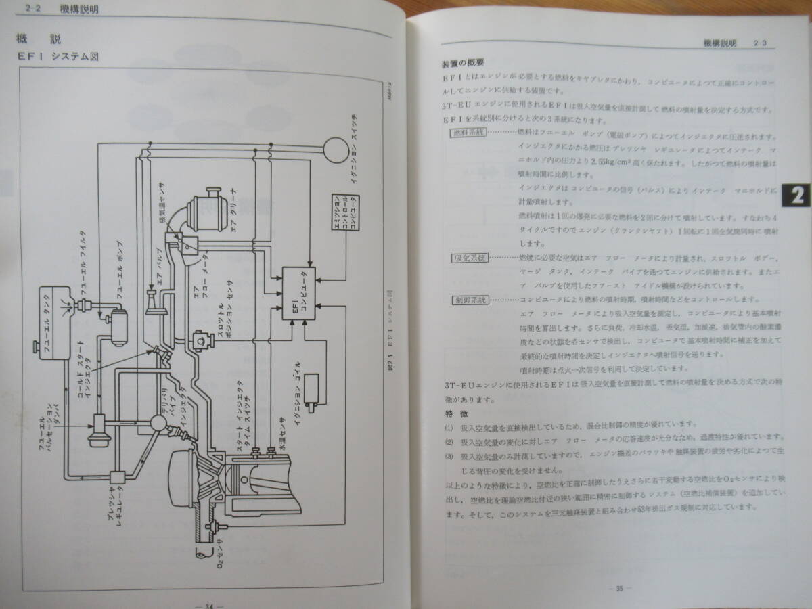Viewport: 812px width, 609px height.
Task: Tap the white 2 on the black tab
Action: tap(796, 196)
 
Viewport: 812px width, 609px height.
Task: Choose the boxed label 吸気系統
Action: tap(468, 258)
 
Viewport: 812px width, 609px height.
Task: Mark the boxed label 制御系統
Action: tap(468, 299)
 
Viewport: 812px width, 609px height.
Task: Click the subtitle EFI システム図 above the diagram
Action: tap(58, 57)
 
